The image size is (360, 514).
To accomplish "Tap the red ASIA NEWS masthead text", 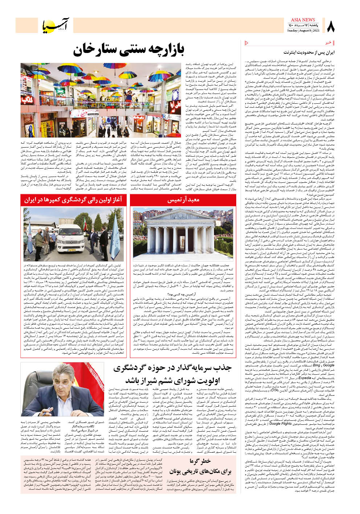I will tap(303, 20).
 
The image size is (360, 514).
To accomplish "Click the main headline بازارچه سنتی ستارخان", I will tap(128, 50).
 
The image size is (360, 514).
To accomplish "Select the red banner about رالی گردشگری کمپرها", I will tap(73, 200).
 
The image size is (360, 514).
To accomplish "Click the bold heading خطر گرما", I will tap(200, 461).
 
